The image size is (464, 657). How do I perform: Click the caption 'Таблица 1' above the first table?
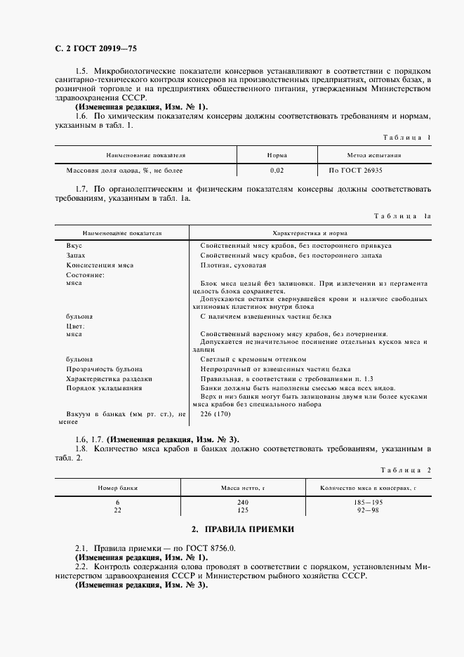tap(405, 138)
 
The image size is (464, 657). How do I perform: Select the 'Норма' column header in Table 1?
tap(277, 154)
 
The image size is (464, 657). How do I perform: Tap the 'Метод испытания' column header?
tap(374, 154)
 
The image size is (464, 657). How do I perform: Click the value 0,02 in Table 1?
tap(277, 170)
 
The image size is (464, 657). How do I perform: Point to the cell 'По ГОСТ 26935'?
tap(355, 170)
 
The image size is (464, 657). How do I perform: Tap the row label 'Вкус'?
tap(74, 246)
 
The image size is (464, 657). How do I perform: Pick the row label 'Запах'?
tap(76, 255)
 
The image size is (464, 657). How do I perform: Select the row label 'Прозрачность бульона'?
tap(104, 369)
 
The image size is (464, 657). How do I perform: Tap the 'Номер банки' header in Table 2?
tap(117, 486)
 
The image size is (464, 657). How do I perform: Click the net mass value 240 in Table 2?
tap(244, 502)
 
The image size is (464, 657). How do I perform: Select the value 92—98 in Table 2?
tap(368, 510)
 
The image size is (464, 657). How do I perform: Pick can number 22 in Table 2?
tap(117, 510)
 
